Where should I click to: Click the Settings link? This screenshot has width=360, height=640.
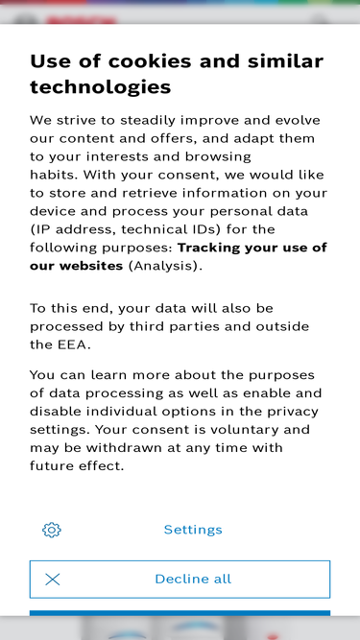coord(193,530)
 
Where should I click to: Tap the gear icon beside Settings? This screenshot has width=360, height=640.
coord(52,530)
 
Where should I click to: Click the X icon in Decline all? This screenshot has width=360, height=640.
coord(53,580)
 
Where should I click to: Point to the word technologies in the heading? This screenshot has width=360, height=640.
coord(101,87)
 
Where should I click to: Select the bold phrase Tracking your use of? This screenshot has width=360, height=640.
coord(252,248)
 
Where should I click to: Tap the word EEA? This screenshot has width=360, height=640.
coord(73,344)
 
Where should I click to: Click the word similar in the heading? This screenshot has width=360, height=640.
coord(279,61)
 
